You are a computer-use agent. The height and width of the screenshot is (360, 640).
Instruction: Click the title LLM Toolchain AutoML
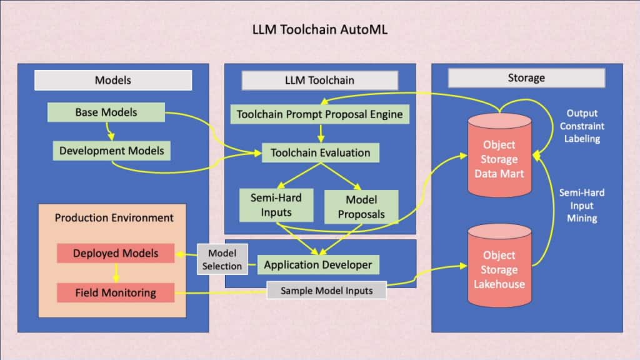click(x=319, y=29)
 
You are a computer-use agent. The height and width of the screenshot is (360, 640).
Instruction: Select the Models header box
click(x=112, y=80)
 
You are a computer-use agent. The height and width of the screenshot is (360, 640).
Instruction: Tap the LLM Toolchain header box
click(x=319, y=80)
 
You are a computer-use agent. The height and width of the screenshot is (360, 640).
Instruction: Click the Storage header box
click(x=526, y=78)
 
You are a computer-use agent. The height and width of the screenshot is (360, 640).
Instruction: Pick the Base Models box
click(x=106, y=112)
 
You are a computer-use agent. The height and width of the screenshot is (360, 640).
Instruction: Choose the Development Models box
click(x=112, y=150)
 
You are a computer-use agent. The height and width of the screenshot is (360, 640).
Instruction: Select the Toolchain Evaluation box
click(x=321, y=152)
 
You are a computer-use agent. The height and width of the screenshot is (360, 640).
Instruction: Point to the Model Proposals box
click(x=361, y=207)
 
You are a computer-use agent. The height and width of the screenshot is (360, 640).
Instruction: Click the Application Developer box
click(x=317, y=264)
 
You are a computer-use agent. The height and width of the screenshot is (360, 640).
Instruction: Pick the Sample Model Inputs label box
click(x=327, y=291)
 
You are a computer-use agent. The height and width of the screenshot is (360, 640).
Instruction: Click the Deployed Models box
click(x=116, y=253)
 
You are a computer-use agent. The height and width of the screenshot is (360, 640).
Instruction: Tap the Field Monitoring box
click(x=116, y=292)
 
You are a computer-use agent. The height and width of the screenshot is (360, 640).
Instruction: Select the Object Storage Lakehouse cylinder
click(x=499, y=269)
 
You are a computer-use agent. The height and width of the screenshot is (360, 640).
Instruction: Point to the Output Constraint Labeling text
click(x=582, y=127)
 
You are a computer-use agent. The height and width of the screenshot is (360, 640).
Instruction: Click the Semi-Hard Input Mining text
click(x=582, y=206)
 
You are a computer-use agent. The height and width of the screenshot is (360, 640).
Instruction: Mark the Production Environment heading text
click(x=114, y=217)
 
